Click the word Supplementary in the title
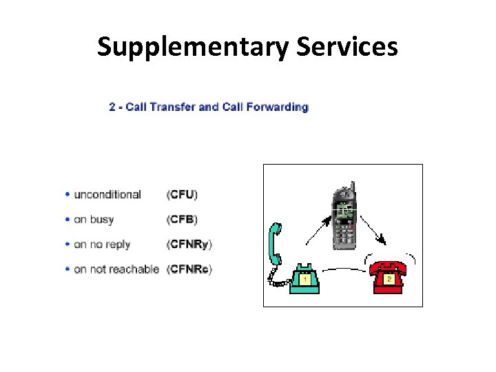pos(194,47)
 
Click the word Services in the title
pos(348,47)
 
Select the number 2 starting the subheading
pos(112,107)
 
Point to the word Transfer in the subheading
pos(172,107)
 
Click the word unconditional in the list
pos(107,195)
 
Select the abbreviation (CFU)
pos(182,195)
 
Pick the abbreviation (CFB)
pos(182,220)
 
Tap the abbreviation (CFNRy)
pos(189,245)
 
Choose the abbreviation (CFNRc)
pos(189,269)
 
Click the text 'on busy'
pos(94,220)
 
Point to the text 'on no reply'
pos(102,245)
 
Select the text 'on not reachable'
pos(116,269)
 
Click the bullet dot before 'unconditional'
pos(67,195)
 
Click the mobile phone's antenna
pos(352,187)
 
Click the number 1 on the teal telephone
pos(304,280)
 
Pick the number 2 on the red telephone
pos(389,279)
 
